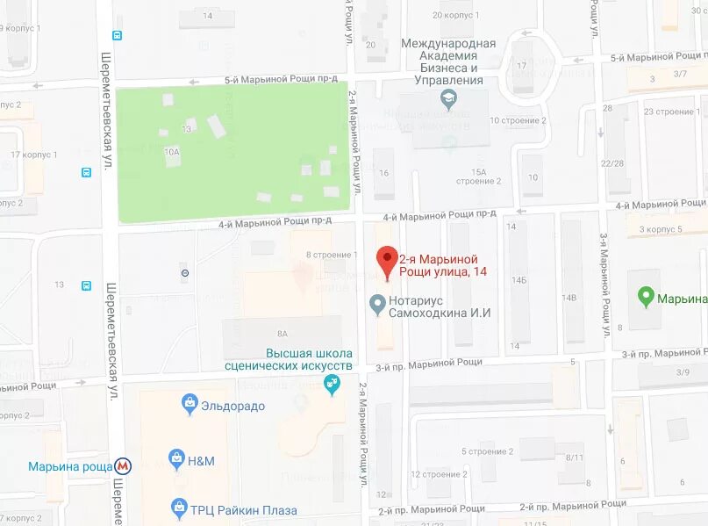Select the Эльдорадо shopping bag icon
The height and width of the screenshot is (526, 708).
click(189, 404)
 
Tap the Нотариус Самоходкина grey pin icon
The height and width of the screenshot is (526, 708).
click(377, 305)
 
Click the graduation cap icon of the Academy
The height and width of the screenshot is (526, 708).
click(449, 99)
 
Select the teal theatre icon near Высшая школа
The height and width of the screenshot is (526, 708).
click(332, 384)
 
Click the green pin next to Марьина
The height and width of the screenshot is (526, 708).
click(646, 298)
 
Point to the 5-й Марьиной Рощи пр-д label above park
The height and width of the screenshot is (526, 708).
click(281, 79)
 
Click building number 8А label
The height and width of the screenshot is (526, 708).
click(282, 334)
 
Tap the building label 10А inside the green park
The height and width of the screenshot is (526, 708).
click(172, 152)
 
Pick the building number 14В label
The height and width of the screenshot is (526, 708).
click(571, 298)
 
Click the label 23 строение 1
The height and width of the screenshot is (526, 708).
click(669, 112)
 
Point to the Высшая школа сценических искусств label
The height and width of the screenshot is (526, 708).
click(289, 359)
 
